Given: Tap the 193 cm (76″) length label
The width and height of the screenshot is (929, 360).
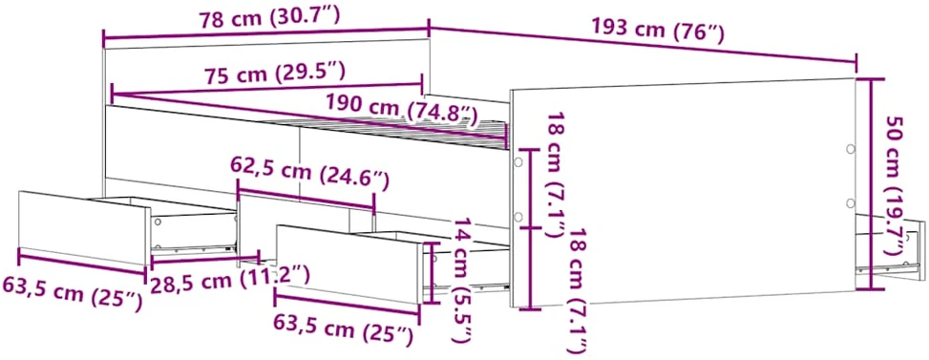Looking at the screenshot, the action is (658, 31).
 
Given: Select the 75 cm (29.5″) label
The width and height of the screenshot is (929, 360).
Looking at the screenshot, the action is (274, 74).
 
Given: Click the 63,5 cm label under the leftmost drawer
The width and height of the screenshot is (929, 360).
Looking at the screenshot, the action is (73, 292).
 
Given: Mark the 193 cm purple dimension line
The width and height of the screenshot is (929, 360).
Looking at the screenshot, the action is (643, 45).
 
